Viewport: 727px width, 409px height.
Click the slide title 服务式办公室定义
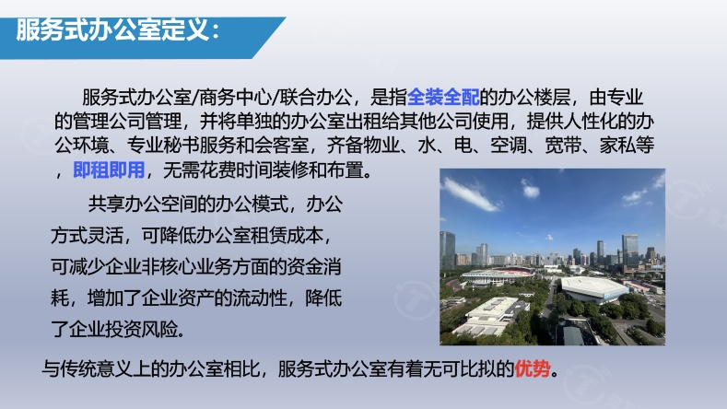[x=112, y=30]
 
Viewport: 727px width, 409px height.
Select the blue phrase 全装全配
[x=443, y=97]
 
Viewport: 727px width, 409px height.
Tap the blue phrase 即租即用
[x=109, y=170]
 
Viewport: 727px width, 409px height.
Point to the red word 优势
[x=533, y=369]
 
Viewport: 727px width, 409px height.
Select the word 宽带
[x=563, y=146]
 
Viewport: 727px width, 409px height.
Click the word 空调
[x=509, y=146]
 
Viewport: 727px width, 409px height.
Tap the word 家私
[x=617, y=146]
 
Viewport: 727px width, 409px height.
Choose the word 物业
[x=381, y=146]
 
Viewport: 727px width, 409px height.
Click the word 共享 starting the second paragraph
[x=106, y=204]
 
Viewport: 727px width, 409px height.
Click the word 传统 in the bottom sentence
[x=78, y=369]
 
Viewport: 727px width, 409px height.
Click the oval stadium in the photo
[x=498, y=275]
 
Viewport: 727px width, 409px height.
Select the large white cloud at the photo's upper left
[x=469, y=193]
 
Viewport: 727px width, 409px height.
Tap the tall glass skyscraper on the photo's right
[x=629, y=251]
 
